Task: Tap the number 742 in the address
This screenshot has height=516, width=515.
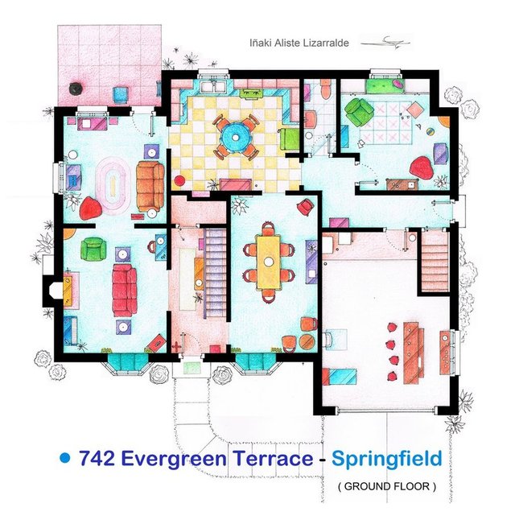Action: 98,459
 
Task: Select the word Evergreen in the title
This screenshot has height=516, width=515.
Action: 181,459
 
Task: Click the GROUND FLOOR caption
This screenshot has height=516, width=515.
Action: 387,486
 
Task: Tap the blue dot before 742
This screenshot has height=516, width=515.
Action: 65,458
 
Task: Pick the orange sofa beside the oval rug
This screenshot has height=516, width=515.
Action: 150,185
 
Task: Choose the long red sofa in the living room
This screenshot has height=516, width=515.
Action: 125,290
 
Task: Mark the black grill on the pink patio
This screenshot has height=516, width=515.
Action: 76,87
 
